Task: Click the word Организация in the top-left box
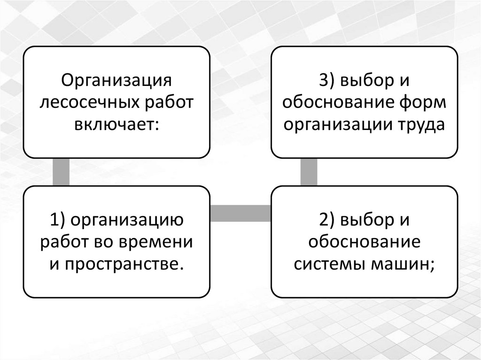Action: (116, 80)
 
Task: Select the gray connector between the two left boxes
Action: (61, 172)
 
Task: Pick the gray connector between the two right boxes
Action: (309, 172)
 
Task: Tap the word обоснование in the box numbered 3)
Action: (338, 102)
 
